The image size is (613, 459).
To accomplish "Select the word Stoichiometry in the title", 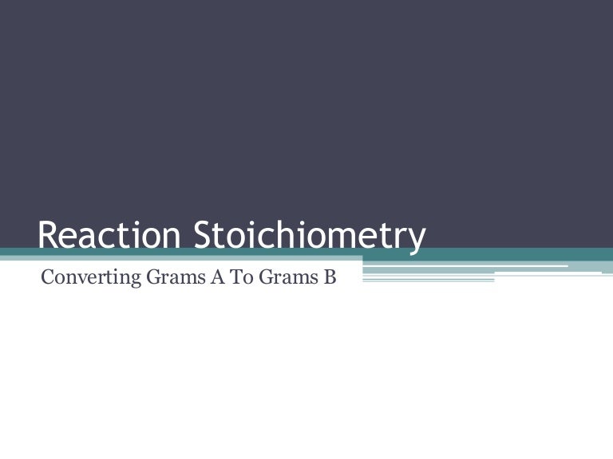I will [x=310, y=237].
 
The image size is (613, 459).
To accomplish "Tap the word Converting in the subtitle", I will [x=81, y=279].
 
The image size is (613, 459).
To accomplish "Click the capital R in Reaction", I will [x=47, y=235].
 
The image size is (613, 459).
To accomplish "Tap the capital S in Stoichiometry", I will [x=203, y=235].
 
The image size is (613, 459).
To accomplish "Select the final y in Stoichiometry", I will [x=417, y=240].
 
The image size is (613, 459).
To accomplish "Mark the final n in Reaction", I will [x=175, y=237].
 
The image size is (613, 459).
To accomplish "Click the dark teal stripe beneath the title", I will [x=479, y=254].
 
